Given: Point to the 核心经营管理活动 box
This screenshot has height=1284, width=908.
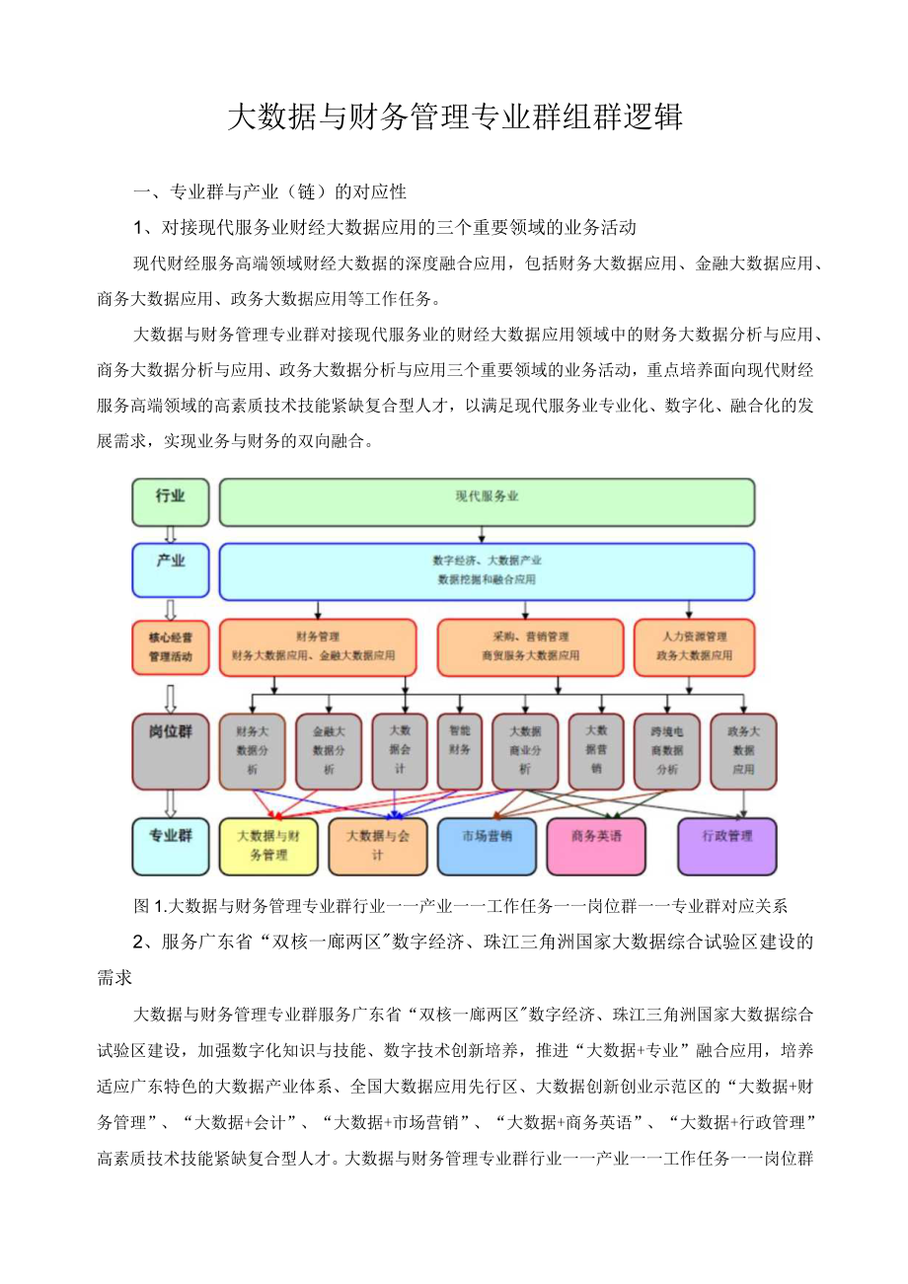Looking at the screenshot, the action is pos(171,646).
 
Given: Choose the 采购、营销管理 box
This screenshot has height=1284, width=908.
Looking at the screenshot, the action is pos(530,646).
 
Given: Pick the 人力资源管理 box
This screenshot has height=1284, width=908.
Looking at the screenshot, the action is pos(694,646).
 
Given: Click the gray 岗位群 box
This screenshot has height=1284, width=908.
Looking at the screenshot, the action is pos(171,751).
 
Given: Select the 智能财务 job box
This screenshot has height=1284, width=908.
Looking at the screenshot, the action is pos(459,751).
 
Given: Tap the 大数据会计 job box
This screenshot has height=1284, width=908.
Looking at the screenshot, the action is pos(400,751).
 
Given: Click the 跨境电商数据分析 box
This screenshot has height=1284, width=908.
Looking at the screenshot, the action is pos(666,751).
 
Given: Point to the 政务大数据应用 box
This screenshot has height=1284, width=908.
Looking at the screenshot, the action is pos(742,751).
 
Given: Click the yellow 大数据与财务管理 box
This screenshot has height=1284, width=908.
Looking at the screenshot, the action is pos(267,846).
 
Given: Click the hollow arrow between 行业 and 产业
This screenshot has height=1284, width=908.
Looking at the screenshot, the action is pos(171,534).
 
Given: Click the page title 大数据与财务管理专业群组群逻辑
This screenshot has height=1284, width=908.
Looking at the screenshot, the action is pos(454,117).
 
